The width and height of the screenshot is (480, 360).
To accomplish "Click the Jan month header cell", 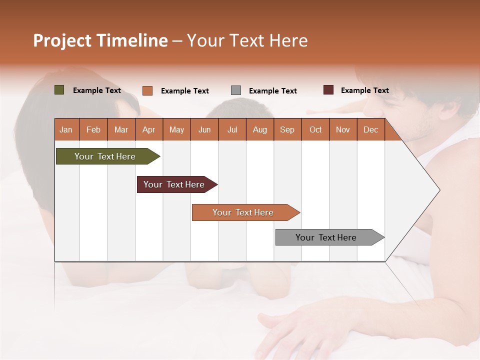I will (66, 129).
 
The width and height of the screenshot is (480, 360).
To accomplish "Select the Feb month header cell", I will (93, 129).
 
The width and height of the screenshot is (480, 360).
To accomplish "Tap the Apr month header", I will (149, 129).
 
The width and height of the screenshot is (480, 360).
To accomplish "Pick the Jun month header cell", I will (204, 129).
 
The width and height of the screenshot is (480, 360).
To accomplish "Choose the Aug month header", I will (260, 129).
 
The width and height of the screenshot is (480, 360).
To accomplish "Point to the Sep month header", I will (287, 129).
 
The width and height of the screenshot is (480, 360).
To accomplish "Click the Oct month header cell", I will (315, 129).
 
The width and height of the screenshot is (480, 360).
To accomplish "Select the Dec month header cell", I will (371, 129).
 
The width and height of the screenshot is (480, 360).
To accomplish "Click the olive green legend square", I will (59, 90).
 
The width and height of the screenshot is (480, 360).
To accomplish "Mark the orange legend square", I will (147, 90).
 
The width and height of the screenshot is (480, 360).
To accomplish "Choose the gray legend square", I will (236, 90).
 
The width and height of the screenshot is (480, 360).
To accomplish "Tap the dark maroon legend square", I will (328, 90).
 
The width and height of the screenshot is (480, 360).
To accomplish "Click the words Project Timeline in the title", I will (100, 40).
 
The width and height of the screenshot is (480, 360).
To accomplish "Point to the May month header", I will (176, 129).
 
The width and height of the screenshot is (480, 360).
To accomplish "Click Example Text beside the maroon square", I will (365, 90).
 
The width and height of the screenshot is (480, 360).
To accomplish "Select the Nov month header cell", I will (343, 129).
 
